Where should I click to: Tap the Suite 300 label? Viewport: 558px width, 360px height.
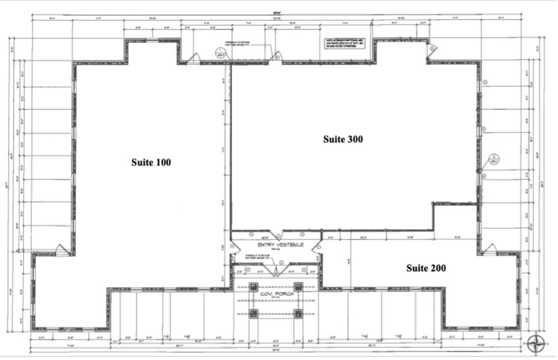pos(343,139)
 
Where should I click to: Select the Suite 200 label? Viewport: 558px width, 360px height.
pos(426,268)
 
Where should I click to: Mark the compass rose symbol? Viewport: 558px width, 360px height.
pos(537,342)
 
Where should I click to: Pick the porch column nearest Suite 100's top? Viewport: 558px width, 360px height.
pos(253,286)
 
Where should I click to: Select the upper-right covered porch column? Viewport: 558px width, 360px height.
pos(298,286)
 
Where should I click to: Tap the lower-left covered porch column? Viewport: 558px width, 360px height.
pos(253,313)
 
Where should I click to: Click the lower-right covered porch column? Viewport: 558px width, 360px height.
pos(298,313)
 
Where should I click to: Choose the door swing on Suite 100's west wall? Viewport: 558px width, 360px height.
pos(62,249)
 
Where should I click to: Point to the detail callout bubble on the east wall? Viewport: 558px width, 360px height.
pos(493,161)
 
